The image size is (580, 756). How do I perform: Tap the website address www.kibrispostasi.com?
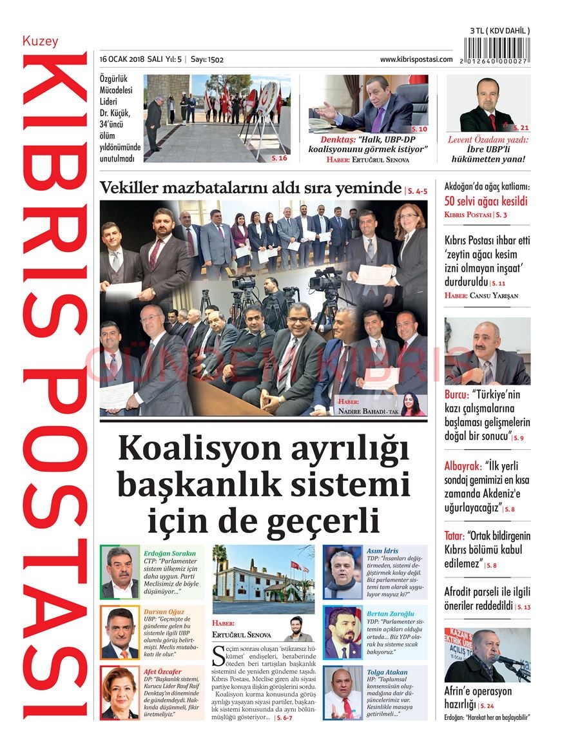(416, 59)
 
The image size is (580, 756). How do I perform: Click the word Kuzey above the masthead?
(40, 41)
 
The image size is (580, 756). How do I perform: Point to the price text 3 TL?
(478, 31)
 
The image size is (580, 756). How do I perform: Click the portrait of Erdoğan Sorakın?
(120, 573)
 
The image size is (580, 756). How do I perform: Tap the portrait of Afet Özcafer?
(120, 693)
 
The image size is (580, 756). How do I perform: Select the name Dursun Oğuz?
(164, 612)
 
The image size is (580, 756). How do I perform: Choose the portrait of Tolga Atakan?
(343, 693)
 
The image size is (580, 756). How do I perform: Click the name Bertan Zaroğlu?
(391, 614)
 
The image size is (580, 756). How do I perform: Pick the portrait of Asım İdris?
(343, 573)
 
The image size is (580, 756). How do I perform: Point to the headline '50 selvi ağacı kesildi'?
(486, 200)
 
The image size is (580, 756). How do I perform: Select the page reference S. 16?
(279, 157)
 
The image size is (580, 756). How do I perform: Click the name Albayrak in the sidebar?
(463, 466)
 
